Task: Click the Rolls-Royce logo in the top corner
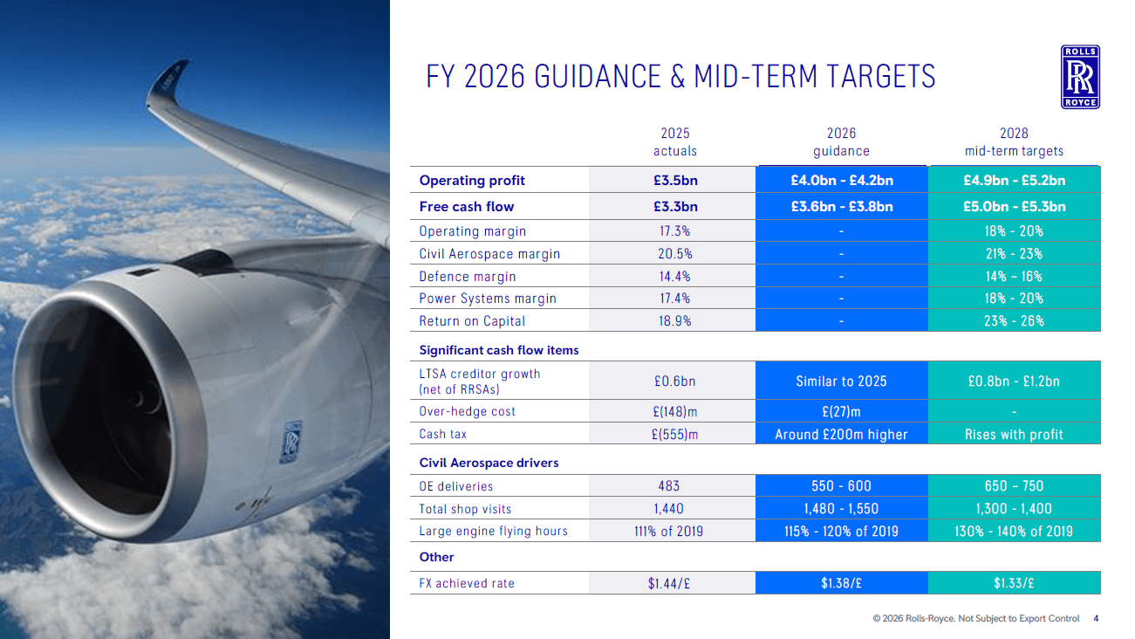click(1080, 77)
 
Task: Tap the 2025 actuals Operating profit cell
click(675, 181)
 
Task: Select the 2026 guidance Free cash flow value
click(841, 207)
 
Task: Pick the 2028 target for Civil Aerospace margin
click(1014, 253)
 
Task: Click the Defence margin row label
click(468, 277)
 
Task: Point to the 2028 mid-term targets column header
click(1014, 142)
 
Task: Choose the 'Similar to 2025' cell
click(841, 381)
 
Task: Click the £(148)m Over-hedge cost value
click(675, 411)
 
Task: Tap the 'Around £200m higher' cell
click(841, 435)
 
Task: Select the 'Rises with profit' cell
click(1014, 435)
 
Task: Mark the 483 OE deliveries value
click(669, 486)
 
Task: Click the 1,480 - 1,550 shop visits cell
click(841, 509)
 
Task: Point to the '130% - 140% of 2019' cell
click(1014, 532)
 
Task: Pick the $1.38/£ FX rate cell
click(841, 583)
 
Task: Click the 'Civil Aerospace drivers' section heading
click(489, 463)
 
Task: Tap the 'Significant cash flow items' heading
click(499, 350)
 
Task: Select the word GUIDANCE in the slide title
click(598, 77)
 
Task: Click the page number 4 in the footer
click(1096, 619)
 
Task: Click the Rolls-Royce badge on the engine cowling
click(291, 442)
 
